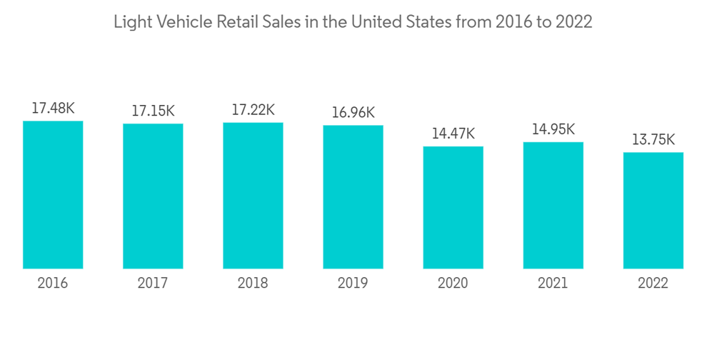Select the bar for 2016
point(53,194)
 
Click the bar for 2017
point(153,196)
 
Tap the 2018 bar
point(253,195)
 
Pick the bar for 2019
point(353,196)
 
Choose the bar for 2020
point(453,207)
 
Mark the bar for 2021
point(553,205)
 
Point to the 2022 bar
point(653,210)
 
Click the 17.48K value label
point(53,109)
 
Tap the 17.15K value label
point(153,111)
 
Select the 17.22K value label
point(253,110)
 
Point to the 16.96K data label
point(353,113)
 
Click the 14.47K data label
point(453,134)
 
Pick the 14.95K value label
point(553,129)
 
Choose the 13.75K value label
point(653,139)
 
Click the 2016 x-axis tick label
point(53,284)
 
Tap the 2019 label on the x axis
point(353,284)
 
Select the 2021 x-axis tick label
point(553,284)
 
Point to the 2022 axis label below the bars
point(653,284)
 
